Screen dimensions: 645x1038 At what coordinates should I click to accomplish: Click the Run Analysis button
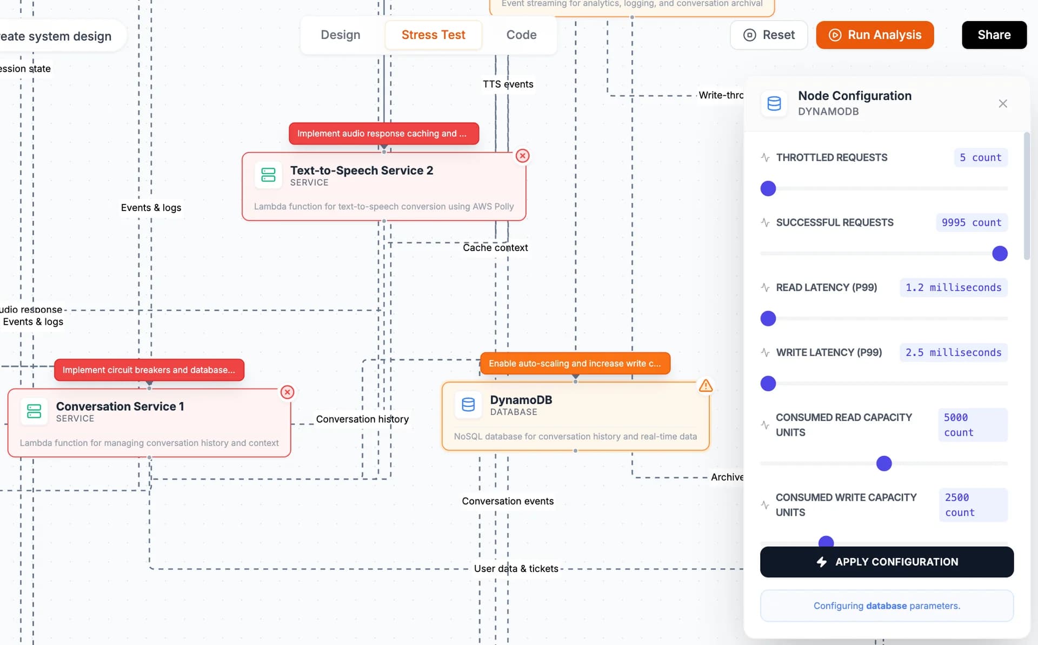coord(875,35)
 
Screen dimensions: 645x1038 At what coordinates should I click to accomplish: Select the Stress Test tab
coord(433,35)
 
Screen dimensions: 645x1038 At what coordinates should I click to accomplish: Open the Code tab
coord(521,35)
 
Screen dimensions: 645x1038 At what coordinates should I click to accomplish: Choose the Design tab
coord(340,35)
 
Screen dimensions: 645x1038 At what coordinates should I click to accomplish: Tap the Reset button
coord(768,35)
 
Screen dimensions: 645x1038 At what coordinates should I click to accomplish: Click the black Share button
coord(994,35)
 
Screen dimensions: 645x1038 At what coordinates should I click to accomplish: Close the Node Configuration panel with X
coord(1003,103)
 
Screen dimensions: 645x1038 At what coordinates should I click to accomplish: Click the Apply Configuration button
coord(887,562)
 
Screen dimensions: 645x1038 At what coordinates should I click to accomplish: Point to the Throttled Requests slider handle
coord(768,189)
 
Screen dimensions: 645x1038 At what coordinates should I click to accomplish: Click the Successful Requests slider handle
coord(1000,254)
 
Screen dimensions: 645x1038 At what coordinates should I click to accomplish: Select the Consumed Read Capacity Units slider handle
coord(884,464)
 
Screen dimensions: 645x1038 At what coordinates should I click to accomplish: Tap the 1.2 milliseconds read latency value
coord(953,288)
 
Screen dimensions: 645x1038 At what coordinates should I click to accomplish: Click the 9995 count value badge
coord(972,223)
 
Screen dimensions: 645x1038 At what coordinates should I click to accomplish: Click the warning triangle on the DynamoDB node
coord(706,386)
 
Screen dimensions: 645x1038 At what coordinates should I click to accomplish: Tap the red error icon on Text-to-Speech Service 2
coord(522,156)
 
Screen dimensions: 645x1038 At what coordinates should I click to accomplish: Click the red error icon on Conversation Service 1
coord(288,392)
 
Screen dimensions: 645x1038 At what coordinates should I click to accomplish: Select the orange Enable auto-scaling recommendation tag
coord(575,364)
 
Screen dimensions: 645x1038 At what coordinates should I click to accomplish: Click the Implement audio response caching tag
coord(383,134)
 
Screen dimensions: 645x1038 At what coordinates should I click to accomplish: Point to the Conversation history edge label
coord(362,419)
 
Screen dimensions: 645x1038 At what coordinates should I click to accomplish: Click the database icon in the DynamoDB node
coord(468,405)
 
